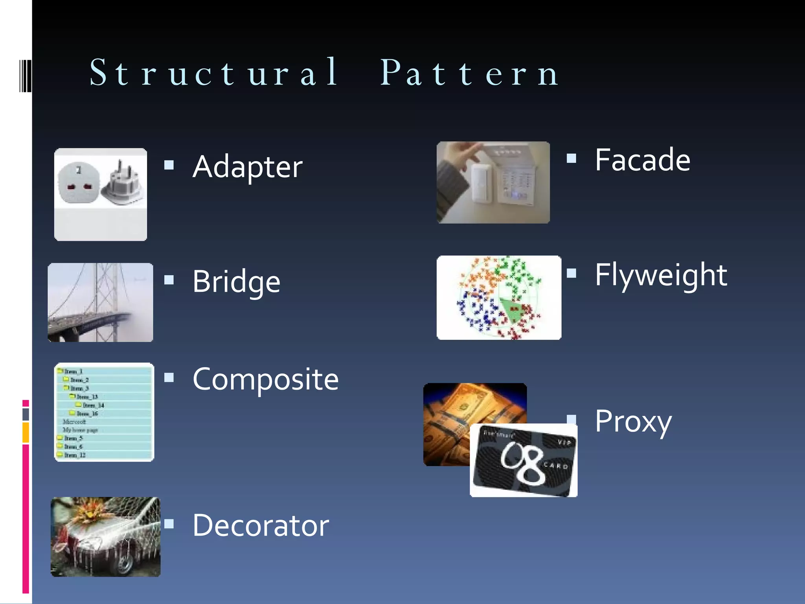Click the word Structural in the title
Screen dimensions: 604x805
pos(214,73)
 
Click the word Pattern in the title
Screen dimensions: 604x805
pos(470,73)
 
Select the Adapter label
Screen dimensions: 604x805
pos(248,167)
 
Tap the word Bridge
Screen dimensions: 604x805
pos(236,282)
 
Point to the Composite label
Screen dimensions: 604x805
pos(266,379)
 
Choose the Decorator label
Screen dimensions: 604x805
pos(261,526)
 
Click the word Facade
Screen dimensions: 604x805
pos(642,160)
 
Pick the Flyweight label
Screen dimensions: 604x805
pos(661,275)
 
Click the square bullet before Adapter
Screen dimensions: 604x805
pos(169,165)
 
